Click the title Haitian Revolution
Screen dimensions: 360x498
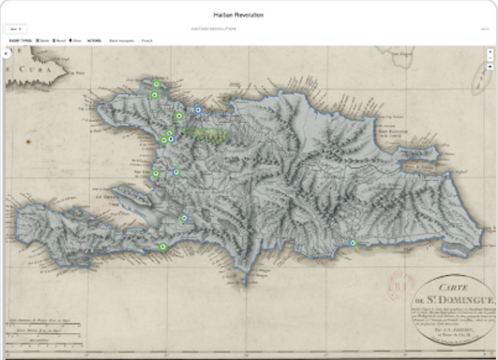(x=238, y=15)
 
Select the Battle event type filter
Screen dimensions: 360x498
(x=43, y=41)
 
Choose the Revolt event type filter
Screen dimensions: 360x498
(x=59, y=41)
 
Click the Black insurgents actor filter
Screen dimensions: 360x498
(x=122, y=41)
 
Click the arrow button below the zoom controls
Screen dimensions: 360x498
(x=490, y=67)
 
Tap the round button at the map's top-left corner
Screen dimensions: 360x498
(x=6, y=53)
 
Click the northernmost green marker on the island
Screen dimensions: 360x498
(x=156, y=85)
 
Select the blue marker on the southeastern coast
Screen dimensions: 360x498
(x=352, y=242)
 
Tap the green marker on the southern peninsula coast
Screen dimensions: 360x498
(x=163, y=247)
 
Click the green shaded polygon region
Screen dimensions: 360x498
(x=207, y=134)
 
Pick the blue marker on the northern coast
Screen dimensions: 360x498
(x=198, y=110)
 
